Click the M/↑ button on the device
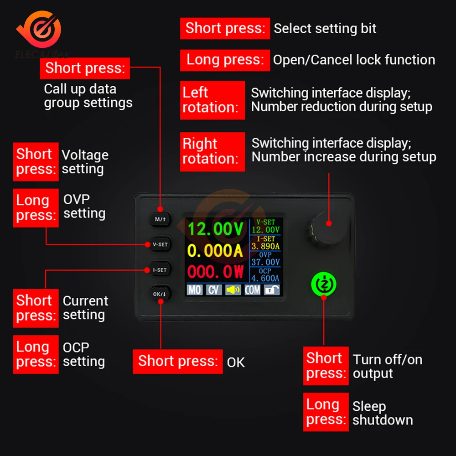click(160, 219)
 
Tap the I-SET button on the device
click(160, 270)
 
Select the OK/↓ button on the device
click(160, 294)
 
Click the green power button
click(324, 284)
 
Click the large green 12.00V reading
click(216, 229)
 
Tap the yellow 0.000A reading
click(215, 251)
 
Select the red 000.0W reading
click(216, 272)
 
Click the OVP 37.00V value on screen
click(265, 262)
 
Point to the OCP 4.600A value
click(265, 278)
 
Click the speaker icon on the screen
click(233, 290)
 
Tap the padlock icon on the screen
click(272, 290)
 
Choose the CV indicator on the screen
click(214, 290)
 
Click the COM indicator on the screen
click(253, 290)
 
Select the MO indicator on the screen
click(195, 290)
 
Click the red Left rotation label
click(212, 100)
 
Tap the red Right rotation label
click(212, 151)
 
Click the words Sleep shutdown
click(383, 413)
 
